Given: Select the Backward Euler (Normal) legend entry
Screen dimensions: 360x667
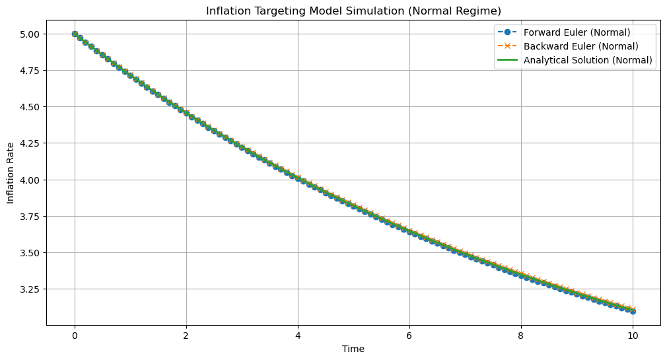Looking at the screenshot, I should tap(580, 46).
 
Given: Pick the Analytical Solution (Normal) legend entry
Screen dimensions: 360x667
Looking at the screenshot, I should tap(588, 60).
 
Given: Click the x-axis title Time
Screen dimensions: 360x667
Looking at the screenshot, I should tap(353, 349).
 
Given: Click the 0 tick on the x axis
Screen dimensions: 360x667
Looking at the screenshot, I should tap(75, 336).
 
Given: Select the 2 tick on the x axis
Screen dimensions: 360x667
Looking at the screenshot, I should tap(186, 336).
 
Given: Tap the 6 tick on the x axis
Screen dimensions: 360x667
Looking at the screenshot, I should tap(409, 336).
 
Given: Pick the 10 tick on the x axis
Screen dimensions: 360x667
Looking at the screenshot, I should tap(633, 336).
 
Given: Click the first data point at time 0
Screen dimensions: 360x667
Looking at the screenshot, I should tap(75, 34).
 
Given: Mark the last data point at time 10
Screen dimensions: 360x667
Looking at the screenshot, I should tap(633, 310).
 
